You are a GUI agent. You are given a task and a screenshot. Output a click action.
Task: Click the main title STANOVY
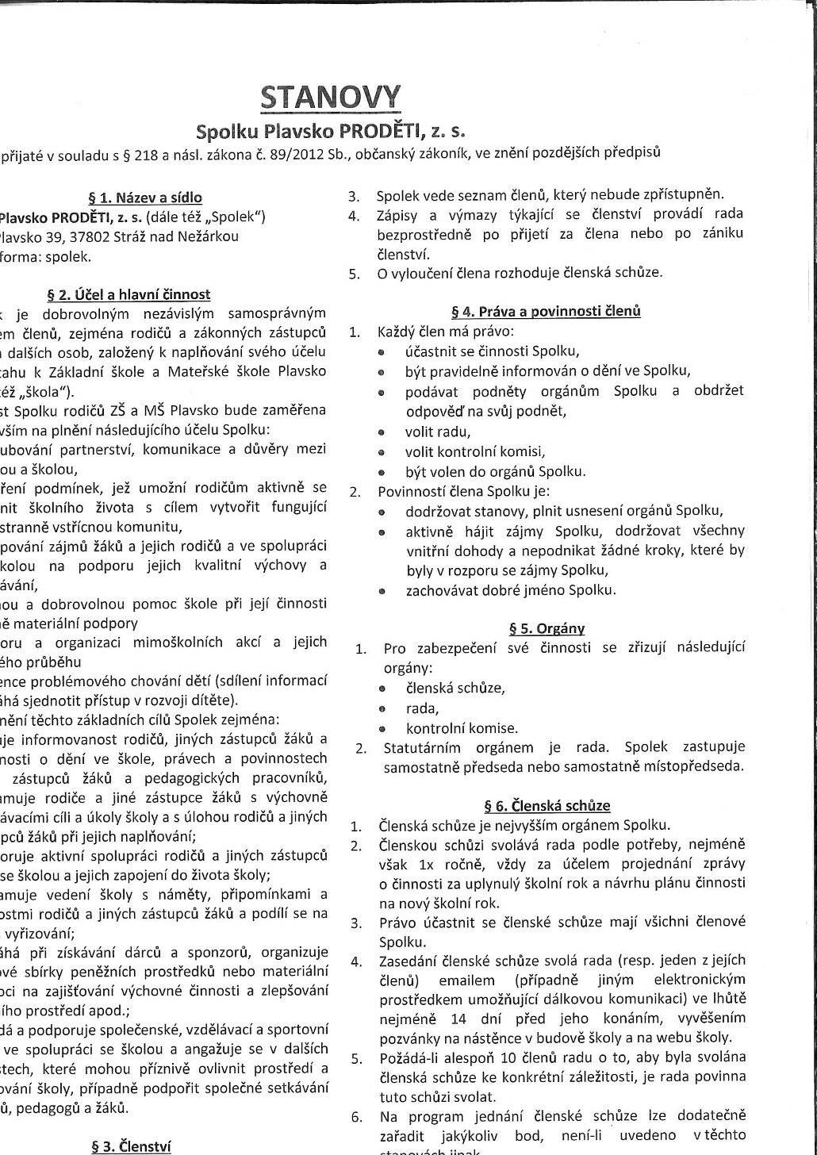(331, 98)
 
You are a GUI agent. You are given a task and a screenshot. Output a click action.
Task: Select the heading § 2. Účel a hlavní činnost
(129, 295)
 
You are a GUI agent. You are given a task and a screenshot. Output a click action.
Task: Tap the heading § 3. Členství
(132, 1145)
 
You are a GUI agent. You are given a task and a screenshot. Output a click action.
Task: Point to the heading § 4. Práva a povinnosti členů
(546, 311)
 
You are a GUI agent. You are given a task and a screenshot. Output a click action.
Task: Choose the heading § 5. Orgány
(547, 628)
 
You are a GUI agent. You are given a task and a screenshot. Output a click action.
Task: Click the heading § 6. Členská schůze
(547, 806)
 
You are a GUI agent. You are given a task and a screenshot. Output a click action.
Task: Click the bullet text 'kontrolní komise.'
(462, 727)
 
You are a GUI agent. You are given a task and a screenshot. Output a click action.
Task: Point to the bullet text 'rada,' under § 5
(422, 708)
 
